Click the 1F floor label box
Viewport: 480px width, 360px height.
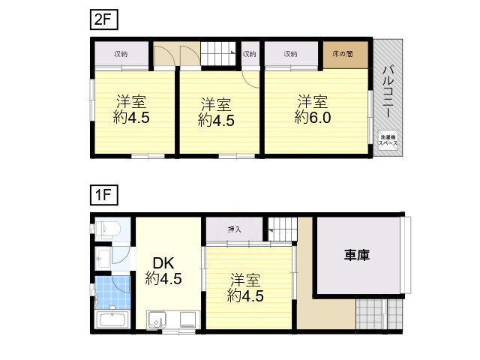pyautogui.click(x=102, y=196)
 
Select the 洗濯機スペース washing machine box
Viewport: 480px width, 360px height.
pyautogui.click(x=388, y=140)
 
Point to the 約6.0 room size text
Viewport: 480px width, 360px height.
pyautogui.click(x=313, y=118)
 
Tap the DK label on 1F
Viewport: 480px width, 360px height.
pyautogui.click(x=163, y=263)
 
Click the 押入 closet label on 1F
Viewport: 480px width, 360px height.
pyautogui.click(x=234, y=229)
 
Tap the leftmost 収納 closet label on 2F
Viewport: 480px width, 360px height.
pyautogui.click(x=121, y=54)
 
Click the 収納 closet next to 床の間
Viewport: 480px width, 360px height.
pyautogui.click(x=291, y=54)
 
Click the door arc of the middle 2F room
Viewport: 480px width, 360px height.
pyautogui.click(x=250, y=79)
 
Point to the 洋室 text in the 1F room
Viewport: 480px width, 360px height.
pyautogui.click(x=245, y=280)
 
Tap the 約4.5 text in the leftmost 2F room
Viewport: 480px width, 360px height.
pyautogui.click(x=132, y=118)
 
